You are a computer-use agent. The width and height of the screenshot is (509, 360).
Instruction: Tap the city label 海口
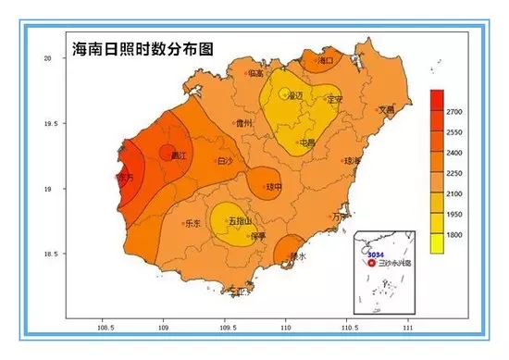click(x=325, y=61)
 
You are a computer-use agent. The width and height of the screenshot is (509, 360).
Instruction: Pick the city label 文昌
click(x=387, y=109)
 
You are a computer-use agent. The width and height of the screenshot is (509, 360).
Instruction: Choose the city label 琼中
click(x=273, y=186)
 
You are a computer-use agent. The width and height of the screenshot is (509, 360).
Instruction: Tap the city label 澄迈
click(x=295, y=95)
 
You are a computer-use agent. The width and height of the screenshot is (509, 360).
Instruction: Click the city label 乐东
click(x=192, y=223)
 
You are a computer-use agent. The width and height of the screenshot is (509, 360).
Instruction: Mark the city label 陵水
click(x=298, y=256)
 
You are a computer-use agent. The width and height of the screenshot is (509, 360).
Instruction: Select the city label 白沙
click(x=224, y=161)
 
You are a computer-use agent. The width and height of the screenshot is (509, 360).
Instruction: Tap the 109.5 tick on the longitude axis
click(x=225, y=328)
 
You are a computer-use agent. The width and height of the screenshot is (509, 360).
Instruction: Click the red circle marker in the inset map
click(x=374, y=262)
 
